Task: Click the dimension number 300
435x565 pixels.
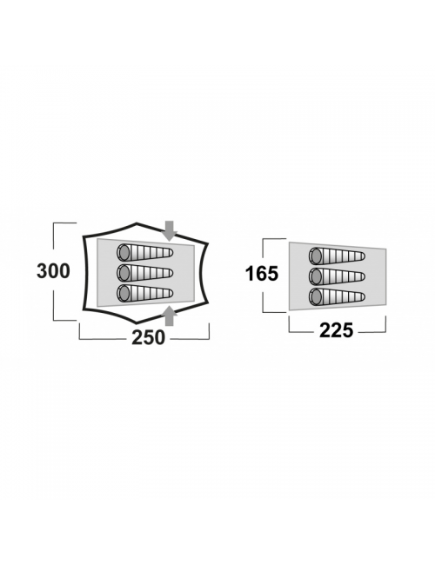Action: coord(53,271)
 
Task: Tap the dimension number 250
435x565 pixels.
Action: coord(148,337)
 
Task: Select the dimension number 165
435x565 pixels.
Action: coord(262,274)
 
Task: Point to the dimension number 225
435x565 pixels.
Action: coord(336,330)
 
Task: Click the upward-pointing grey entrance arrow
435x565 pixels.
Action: coord(169,316)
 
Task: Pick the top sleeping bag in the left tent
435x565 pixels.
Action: coord(145,253)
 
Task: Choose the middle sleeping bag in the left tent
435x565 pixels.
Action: coord(145,273)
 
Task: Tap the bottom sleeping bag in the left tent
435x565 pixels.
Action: coord(145,293)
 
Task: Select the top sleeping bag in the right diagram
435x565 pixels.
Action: coord(337,256)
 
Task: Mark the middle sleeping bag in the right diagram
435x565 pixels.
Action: coord(337,276)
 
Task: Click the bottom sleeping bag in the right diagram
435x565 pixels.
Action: coord(337,297)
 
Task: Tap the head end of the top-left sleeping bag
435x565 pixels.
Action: coord(124,253)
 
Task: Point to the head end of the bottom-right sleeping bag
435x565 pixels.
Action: coord(316,297)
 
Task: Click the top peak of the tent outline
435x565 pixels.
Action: coord(137,223)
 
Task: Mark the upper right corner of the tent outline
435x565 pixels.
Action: coord(207,244)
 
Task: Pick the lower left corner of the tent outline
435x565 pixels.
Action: coord(84,309)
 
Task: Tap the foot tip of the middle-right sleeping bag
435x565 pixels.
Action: coord(364,276)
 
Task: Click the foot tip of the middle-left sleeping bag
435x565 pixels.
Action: coord(171,273)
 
